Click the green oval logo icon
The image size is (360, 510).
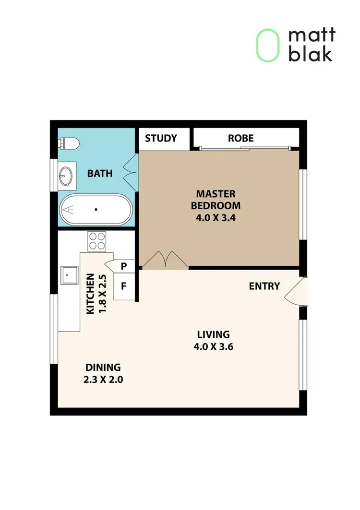point(267,45)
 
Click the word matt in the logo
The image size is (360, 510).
point(312,36)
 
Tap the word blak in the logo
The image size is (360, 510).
point(310,54)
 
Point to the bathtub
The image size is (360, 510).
point(95,210)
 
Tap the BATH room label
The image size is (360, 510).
point(100,173)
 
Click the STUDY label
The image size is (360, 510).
point(161,139)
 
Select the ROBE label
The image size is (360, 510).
point(240,139)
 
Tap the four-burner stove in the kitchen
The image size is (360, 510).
point(97,241)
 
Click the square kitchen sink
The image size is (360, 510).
point(69,275)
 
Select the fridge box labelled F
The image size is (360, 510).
point(123,286)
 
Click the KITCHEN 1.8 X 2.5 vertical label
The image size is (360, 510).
point(95,294)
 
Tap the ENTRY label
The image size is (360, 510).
point(264,286)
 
